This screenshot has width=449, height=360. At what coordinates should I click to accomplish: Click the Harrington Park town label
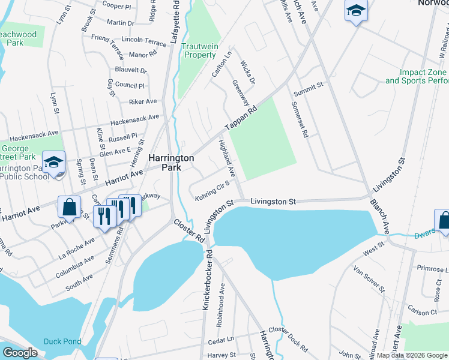[171, 163]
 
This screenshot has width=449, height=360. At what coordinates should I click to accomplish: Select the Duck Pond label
[62, 341]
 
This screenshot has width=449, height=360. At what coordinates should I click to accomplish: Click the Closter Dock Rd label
[288, 338]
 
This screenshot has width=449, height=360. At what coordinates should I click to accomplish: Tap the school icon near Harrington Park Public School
[54, 163]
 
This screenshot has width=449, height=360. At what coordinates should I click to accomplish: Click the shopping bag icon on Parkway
[70, 208]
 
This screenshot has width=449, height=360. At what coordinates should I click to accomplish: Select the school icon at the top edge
[356, 11]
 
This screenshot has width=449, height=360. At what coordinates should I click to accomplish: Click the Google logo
[20, 353]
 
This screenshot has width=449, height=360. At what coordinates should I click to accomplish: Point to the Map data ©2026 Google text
[412, 355]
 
